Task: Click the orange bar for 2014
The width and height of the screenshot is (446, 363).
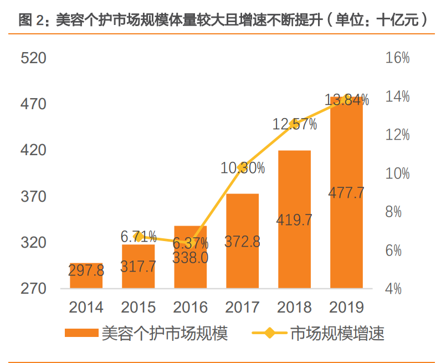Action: point(86,275)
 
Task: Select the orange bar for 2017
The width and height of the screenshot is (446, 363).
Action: point(242,241)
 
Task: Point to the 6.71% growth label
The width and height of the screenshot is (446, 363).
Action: point(139,237)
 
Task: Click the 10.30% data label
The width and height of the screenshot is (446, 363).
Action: point(243,168)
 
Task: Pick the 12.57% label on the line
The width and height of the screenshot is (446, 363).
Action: point(295,125)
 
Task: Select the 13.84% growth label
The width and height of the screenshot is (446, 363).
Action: point(347,100)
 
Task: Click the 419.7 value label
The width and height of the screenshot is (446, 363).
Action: point(294,219)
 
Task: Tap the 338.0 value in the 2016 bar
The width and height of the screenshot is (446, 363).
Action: point(191,258)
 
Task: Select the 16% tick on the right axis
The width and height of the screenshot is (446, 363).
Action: point(397,58)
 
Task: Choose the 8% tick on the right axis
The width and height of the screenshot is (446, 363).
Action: point(397,212)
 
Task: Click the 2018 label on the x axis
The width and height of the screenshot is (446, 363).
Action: point(294,307)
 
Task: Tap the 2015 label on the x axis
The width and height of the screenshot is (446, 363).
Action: point(139,307)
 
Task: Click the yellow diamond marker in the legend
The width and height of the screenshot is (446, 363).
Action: point(269,334)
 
